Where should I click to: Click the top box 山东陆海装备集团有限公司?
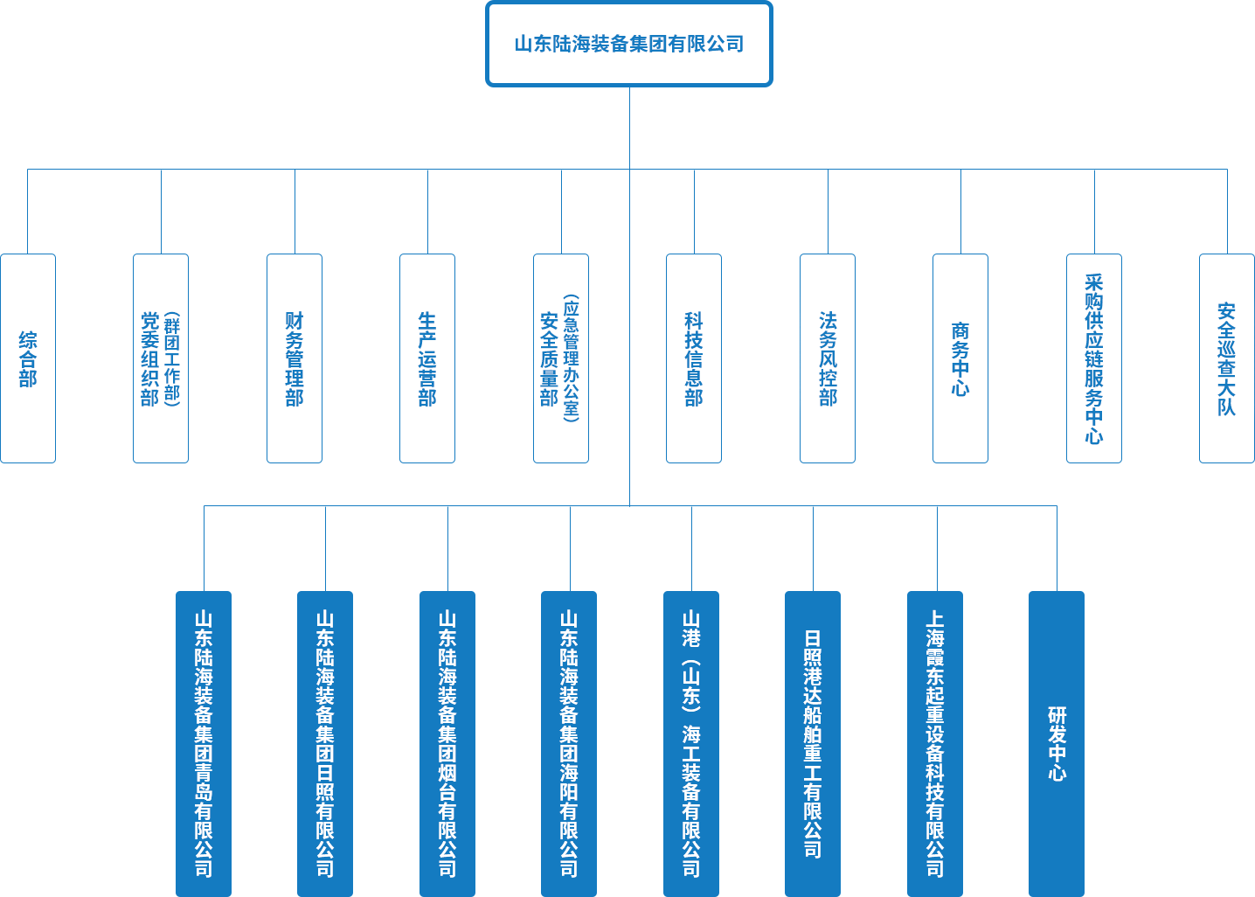click(x=629, y=44)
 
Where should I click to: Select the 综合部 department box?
click(x=28, y=358)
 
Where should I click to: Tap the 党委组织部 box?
click(x=161, y=358)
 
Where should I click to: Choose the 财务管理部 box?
click(x=295, y=358)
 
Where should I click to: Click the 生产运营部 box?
click(x=427, y=358)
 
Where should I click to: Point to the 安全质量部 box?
click(x=561, y=358)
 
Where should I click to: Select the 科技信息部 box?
click(x=694, y=358)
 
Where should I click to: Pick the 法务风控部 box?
click(x=828, y=358)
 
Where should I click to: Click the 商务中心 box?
click(x=960, y=358)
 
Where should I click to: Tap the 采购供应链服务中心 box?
click(x=1094, y=358)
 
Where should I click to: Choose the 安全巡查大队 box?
click(x=1227, y=358)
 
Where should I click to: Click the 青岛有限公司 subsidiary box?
click(x=204, y=743)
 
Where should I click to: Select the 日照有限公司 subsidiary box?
click(x=325, y=743)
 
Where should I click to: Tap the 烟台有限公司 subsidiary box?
click(x=447, y=743)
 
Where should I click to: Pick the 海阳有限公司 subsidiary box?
click(x=569, y=743)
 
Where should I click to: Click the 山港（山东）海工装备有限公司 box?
click(x=691, y=743)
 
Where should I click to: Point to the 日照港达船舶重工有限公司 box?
click(x=813, y=743)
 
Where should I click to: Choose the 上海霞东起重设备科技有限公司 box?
click(x=935, y=743)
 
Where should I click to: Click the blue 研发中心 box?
click(x=1057, y=743)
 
